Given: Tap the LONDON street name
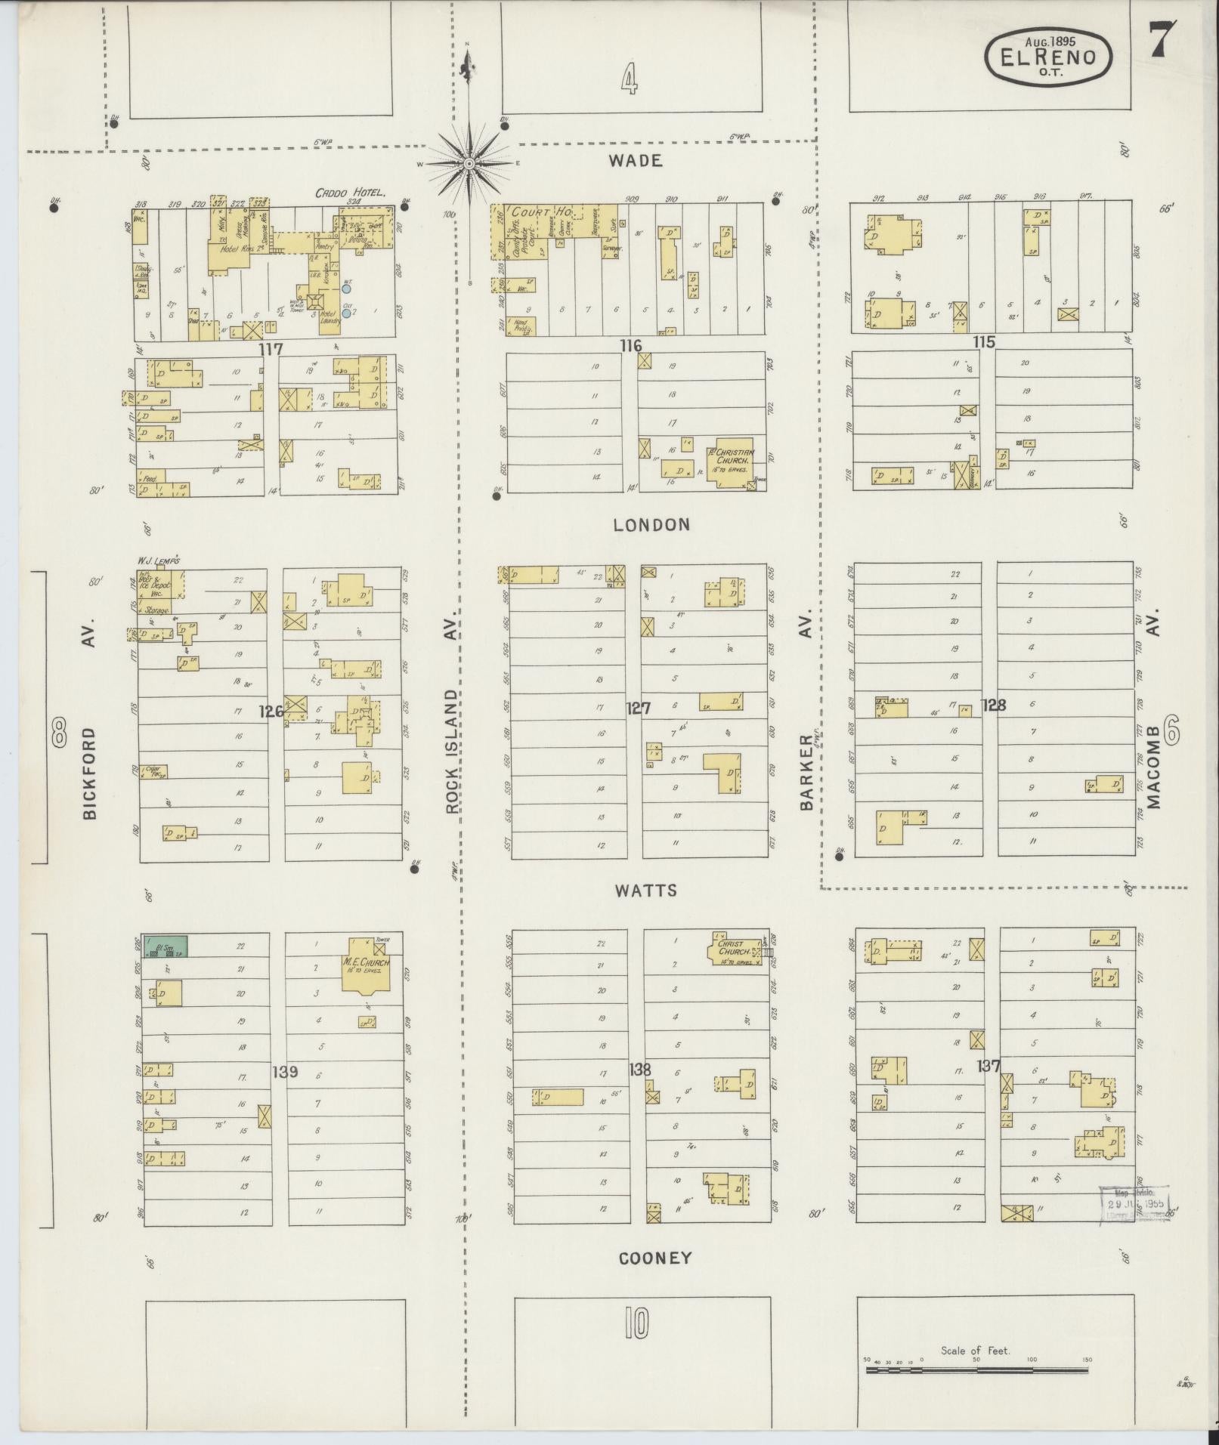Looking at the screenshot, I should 651,524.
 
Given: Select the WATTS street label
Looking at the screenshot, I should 645,891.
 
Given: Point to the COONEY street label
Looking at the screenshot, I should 655,1258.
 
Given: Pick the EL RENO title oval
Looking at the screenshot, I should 1048,57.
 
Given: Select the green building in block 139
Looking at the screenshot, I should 166,946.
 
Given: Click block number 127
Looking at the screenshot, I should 639,708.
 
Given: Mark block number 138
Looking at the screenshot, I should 639,1070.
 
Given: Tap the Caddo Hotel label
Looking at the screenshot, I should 351,193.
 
